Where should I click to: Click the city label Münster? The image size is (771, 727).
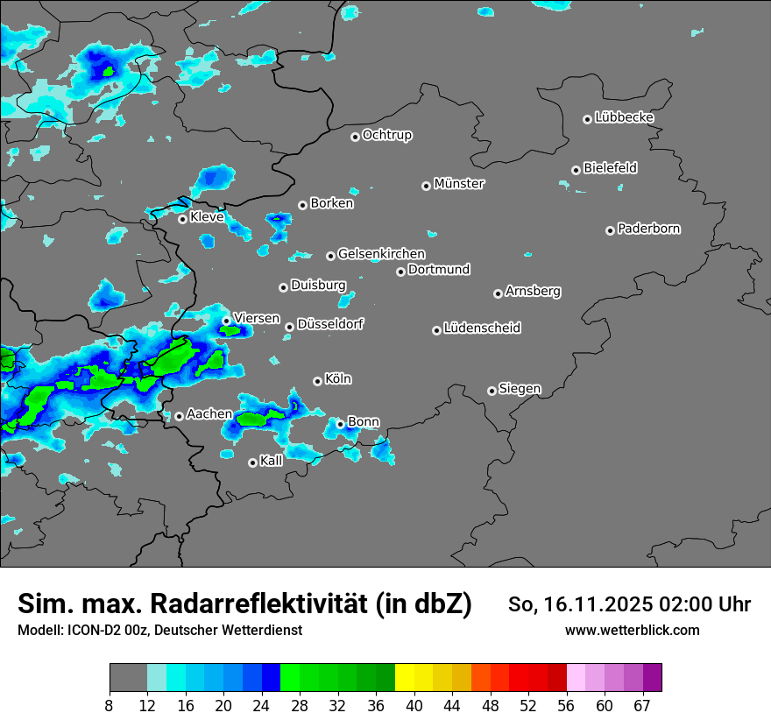point(459,184)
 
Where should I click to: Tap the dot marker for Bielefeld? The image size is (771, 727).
point(576,170)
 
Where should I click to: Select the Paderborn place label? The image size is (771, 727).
point(649,229)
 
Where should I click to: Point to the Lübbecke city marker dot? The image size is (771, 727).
point(587,119)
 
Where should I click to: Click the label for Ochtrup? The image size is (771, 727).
point(387,135)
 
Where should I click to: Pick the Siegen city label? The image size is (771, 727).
point(520,389)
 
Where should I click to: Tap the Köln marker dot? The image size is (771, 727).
point(317,381)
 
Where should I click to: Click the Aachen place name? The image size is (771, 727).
point(209,413)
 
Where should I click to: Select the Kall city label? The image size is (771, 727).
point(272,461)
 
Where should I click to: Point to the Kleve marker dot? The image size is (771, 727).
point(182,219)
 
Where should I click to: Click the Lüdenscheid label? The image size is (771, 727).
point(482,328)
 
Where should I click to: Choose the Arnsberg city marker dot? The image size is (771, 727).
point(498,293)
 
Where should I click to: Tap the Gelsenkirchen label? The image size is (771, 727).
point(381,254)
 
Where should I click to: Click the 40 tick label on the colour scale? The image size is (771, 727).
point(414,706)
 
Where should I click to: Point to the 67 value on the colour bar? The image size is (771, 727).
point(641,706)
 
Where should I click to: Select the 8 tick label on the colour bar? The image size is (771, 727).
point(110,706)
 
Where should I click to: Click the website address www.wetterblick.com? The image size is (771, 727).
point(633,630)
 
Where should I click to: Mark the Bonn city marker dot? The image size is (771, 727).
point(340,424)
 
